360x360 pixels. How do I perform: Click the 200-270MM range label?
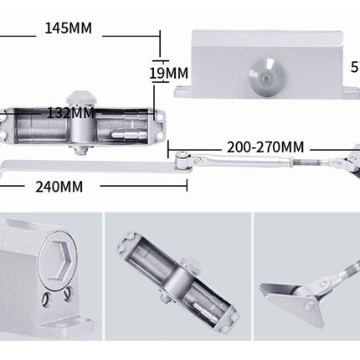point(265,147)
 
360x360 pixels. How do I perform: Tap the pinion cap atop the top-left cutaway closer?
point(81,99)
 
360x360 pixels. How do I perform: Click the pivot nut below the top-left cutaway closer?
point(81,151)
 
